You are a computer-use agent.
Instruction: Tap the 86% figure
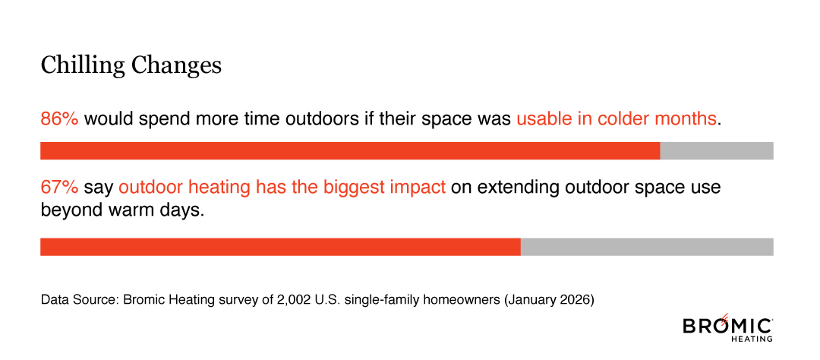(59, 119)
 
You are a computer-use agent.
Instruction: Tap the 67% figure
(59, 186)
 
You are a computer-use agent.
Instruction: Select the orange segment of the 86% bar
(349, 150)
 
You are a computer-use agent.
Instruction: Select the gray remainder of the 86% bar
(716, 150)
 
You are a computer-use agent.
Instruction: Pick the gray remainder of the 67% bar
(647, 247)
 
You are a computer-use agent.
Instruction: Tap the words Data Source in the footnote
(76, 300)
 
